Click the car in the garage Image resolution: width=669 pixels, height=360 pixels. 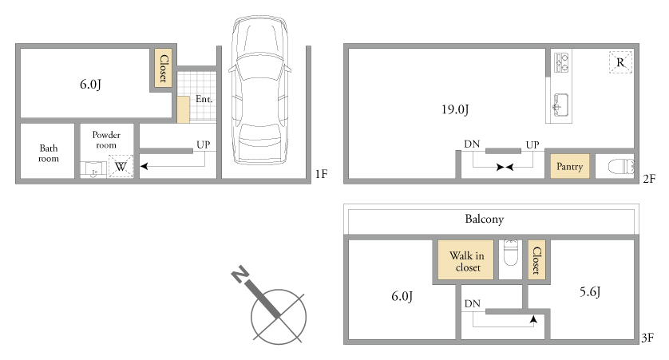point(259,90)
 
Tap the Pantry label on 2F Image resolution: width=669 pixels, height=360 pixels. point(569,166)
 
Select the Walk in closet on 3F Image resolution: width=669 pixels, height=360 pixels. point(466,260)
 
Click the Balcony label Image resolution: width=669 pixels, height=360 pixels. point(485,219)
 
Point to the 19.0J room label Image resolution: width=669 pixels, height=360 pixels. point(455,109)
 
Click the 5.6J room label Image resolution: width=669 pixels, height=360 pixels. point(590,292)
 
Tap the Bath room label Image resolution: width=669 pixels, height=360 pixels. point(49,153)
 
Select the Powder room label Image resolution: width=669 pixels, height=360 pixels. point(106,140)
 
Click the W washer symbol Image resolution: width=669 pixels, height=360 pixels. point(121,166)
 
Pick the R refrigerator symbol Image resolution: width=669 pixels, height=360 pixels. point(620,62)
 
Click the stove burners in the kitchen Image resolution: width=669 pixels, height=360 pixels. point(561,62)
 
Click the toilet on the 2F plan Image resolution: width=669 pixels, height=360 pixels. point(621,166)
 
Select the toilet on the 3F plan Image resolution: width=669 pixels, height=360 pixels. point(511,252)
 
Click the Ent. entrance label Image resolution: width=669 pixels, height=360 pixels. point(204,99)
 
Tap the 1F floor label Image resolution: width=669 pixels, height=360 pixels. point(321,174)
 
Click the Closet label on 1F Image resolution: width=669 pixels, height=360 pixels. point(164,68)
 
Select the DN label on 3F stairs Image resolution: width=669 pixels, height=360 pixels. point(473,303)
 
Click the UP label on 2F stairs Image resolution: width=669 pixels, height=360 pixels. point(532,145)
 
